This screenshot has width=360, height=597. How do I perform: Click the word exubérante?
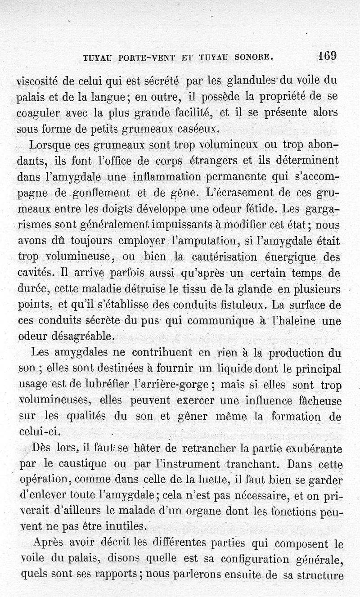[x=310, y=448]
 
